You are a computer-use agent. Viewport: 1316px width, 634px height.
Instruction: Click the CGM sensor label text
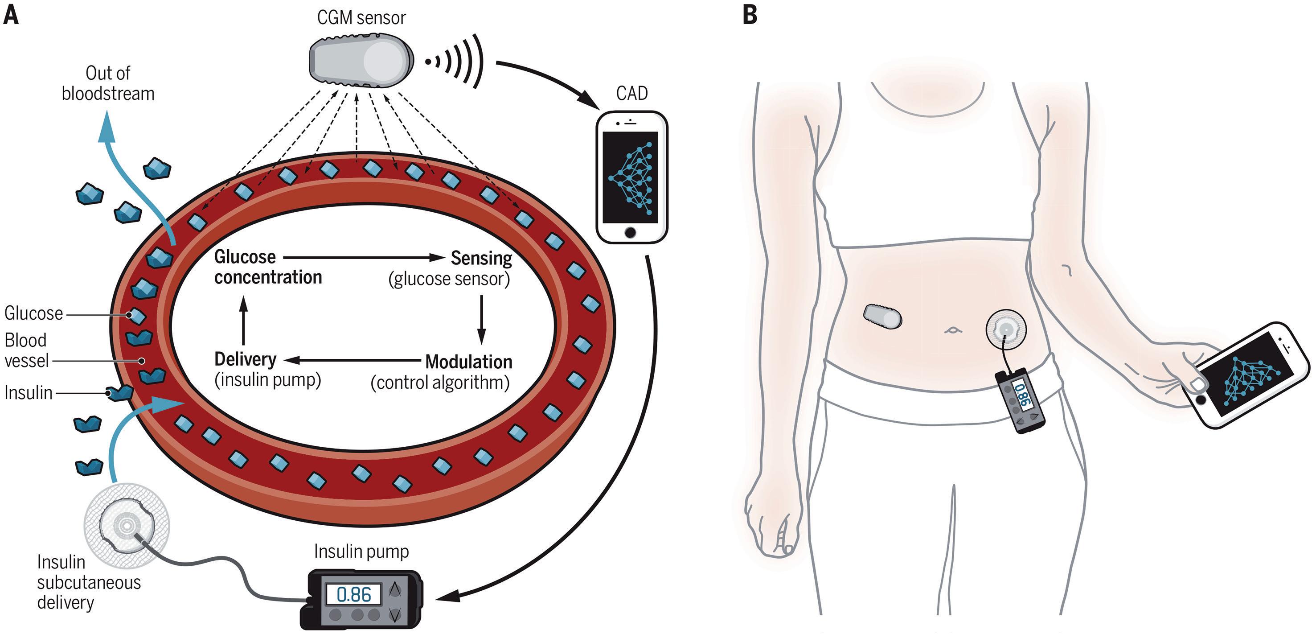click(361, 18)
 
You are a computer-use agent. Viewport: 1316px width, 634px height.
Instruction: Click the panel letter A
click(11, 15)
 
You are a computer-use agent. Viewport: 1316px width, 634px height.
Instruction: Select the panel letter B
click(750, 15)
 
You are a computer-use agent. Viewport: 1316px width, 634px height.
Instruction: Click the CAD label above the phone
click(631, 93)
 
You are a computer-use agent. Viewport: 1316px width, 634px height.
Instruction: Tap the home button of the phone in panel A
click(631, 233)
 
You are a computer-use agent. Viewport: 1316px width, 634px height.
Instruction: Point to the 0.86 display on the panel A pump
click(354, 595)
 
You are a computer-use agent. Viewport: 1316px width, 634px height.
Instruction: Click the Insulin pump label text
click(361, 551)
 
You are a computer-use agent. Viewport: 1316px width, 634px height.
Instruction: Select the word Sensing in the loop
click(481, 258)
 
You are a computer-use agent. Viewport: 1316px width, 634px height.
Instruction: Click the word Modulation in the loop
click(468, 362)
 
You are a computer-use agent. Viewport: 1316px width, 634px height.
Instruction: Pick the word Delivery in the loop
click(245, 359)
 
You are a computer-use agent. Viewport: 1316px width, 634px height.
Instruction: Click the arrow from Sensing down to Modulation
click(481, 319)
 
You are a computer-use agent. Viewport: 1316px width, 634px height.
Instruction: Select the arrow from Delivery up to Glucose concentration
click(244, 321)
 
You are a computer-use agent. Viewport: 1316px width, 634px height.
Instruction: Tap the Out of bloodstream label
click(108, 83)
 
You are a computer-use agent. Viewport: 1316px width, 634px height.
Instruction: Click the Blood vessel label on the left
click(26, 350)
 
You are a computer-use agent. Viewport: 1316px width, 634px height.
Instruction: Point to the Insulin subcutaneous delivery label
click(88, 582)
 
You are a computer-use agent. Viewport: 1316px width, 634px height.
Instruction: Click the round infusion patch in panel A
click(127, 526)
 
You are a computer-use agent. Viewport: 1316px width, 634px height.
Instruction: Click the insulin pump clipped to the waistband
click(1020, 400)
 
